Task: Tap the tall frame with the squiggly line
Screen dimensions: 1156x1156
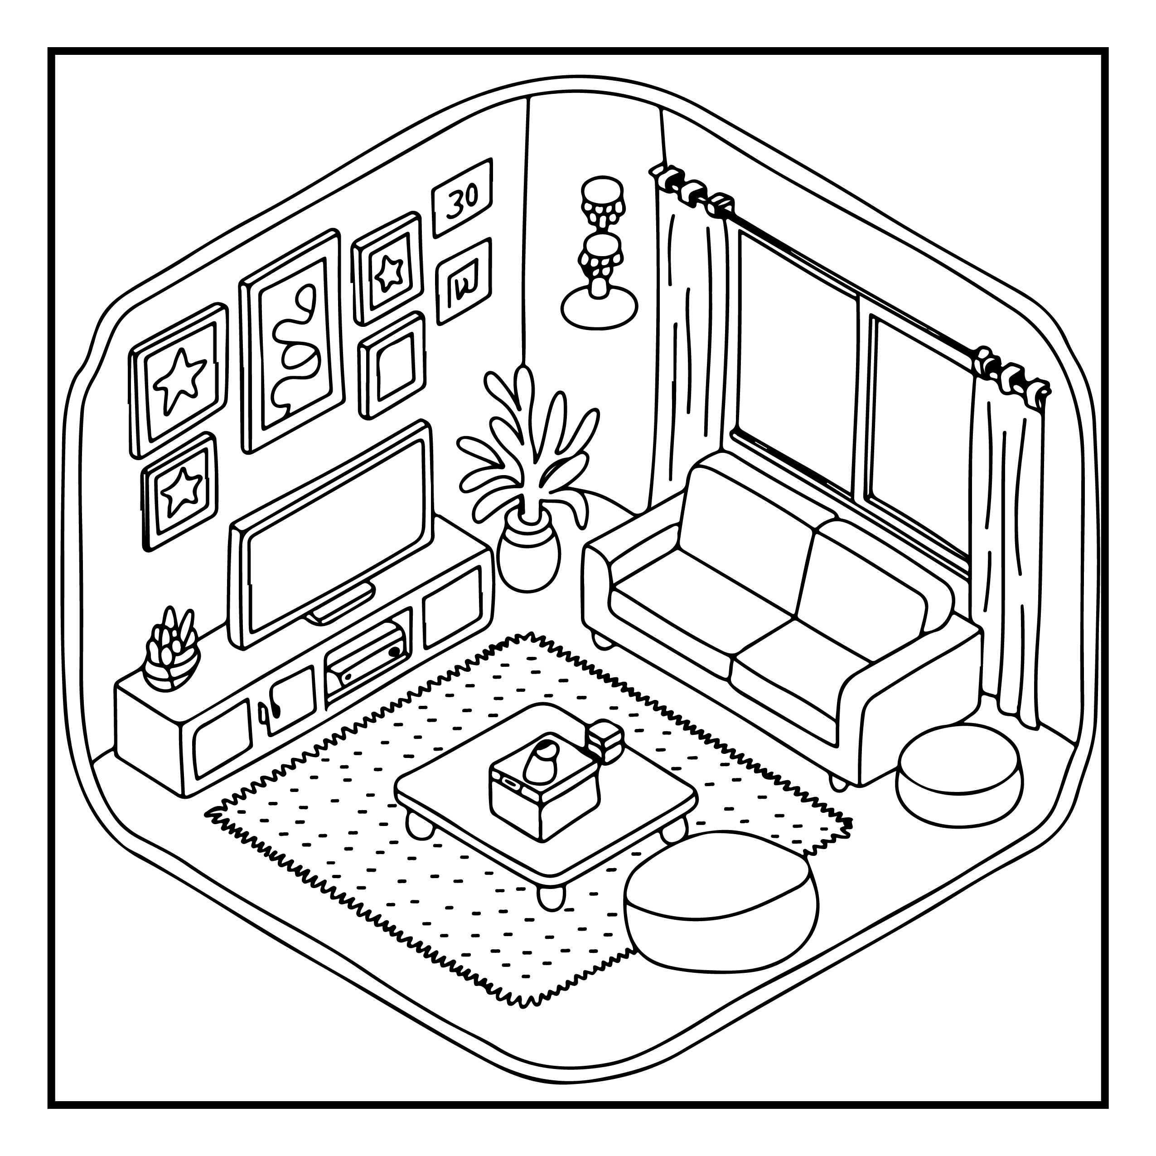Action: pos(293,340)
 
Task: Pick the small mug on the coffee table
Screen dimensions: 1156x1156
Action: pos(605,741)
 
